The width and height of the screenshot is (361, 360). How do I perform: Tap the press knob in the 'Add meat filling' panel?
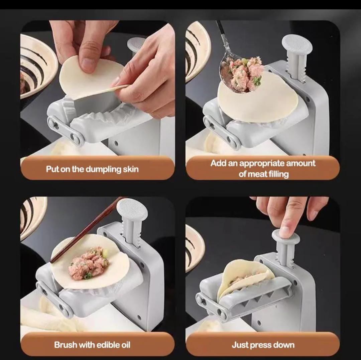[x=297, y=45]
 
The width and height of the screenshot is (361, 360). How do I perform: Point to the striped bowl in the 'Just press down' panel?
[x=194, y=247]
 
